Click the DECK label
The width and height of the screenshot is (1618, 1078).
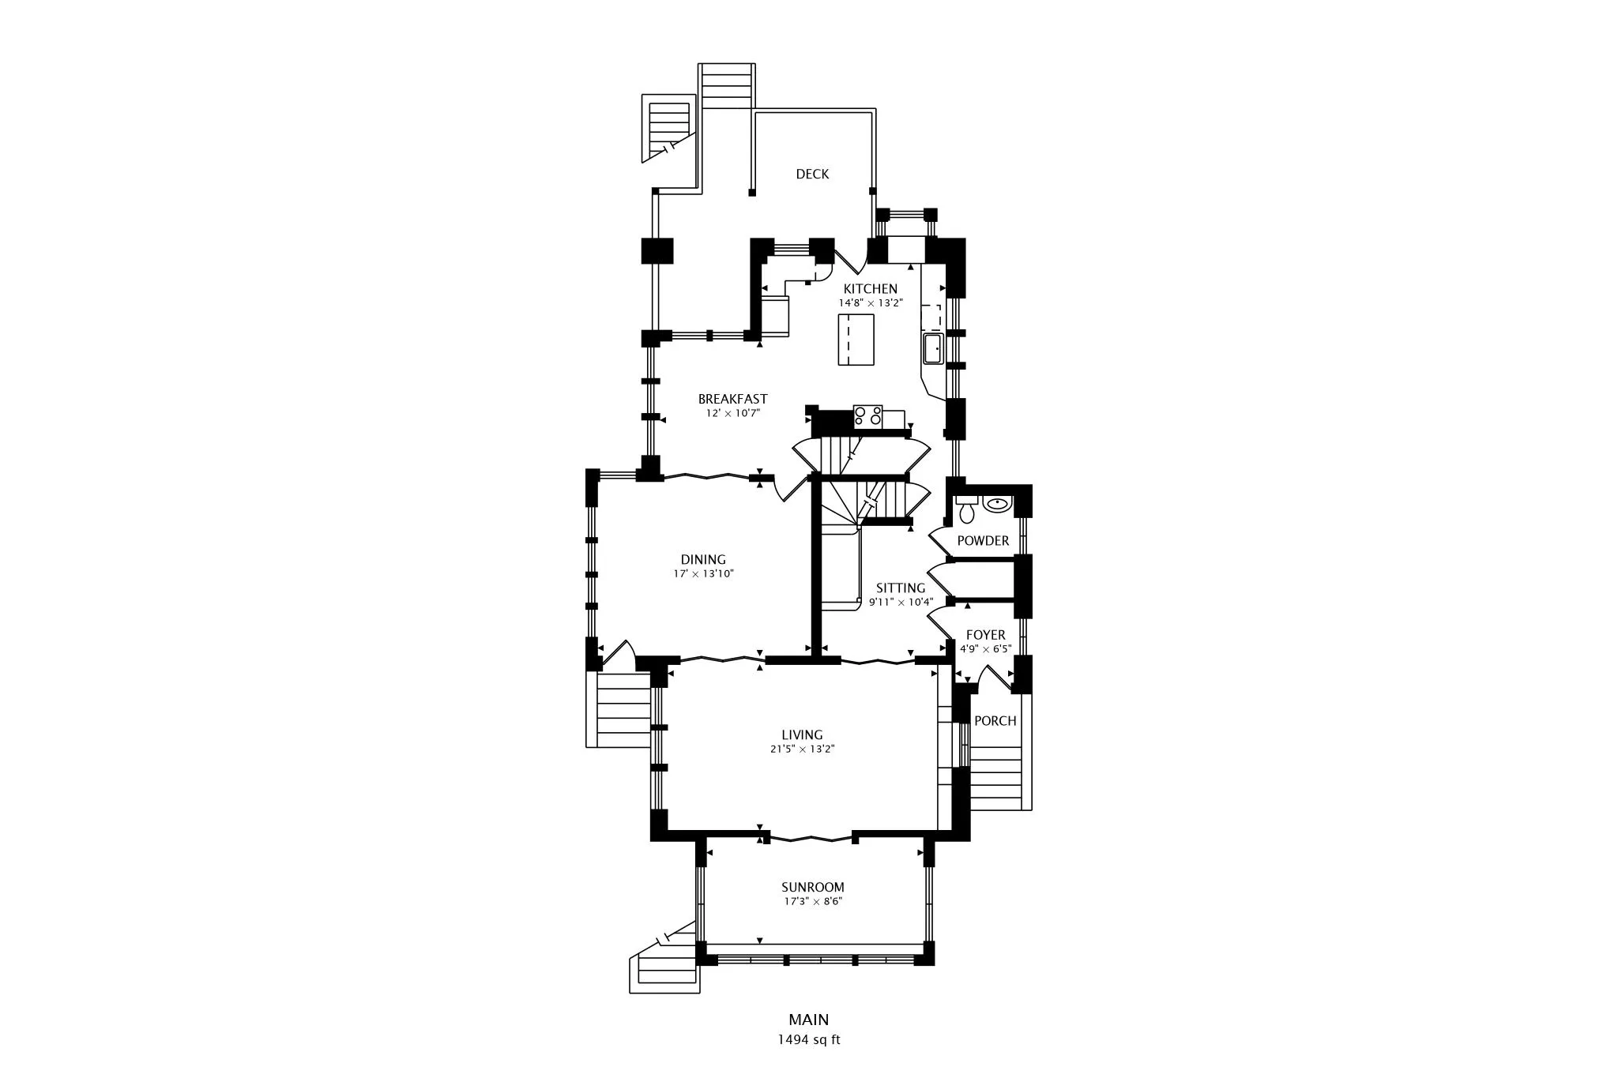click(812, 175)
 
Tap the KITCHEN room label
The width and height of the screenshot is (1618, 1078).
click(870, 289)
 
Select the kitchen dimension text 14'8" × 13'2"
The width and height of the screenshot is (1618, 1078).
click(870, 303)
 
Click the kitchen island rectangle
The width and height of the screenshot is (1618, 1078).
click(856, 340)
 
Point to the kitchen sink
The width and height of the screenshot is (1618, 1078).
click(933, 348)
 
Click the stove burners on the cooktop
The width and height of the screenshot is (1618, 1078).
click(867, 415)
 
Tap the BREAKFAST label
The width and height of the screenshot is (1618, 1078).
click(732, 400)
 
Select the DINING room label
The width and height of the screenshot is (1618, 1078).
click(703, 560)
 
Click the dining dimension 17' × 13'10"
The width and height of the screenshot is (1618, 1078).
click(703, 574)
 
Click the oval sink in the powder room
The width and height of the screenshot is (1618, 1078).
click(997, 503)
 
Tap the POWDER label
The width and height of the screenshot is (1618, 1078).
click(983, 541)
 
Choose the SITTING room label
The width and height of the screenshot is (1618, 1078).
click(901, 588)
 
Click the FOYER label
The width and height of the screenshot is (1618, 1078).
click(985, 635)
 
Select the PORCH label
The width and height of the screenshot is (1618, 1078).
click(995, 721)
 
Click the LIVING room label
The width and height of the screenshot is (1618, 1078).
click(802, 735)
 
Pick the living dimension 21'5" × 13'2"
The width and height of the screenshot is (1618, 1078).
click(802, 749)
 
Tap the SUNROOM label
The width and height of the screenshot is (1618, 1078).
click(812, 888)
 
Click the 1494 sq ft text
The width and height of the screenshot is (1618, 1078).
click(808, 1040)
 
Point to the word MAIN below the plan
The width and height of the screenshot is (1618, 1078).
click(808, 1020)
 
